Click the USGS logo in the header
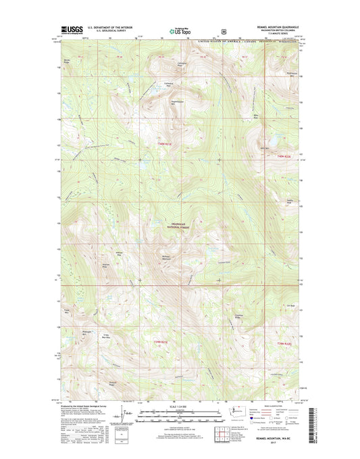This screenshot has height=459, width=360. pyautogui.click(x=70, y=29)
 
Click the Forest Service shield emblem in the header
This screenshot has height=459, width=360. pyautogui.click(x=223, y=30)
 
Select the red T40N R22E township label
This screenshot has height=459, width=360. pyautogui.click(x=284, y=156)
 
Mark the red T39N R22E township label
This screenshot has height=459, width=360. pyautogui.click(x=284, y=345)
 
